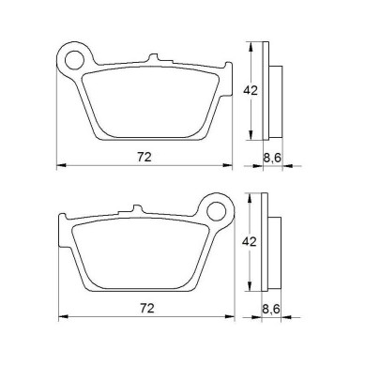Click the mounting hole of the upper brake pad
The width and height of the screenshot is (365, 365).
tap(75, 59)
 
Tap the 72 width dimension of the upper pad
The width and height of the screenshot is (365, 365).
tap(144, 157)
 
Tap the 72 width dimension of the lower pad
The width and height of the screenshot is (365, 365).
tap(147, 309)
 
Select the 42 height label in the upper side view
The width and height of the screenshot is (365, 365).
tap(251, 91)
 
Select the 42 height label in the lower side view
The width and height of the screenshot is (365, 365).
tap(250, 242)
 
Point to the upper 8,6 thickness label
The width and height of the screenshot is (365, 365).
tap(272, 158)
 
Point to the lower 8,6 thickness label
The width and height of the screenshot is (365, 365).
tap(271, 310)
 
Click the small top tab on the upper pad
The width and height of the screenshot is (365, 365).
tap(154, 58)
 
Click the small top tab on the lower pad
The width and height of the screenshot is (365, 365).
tap(137, 209)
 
